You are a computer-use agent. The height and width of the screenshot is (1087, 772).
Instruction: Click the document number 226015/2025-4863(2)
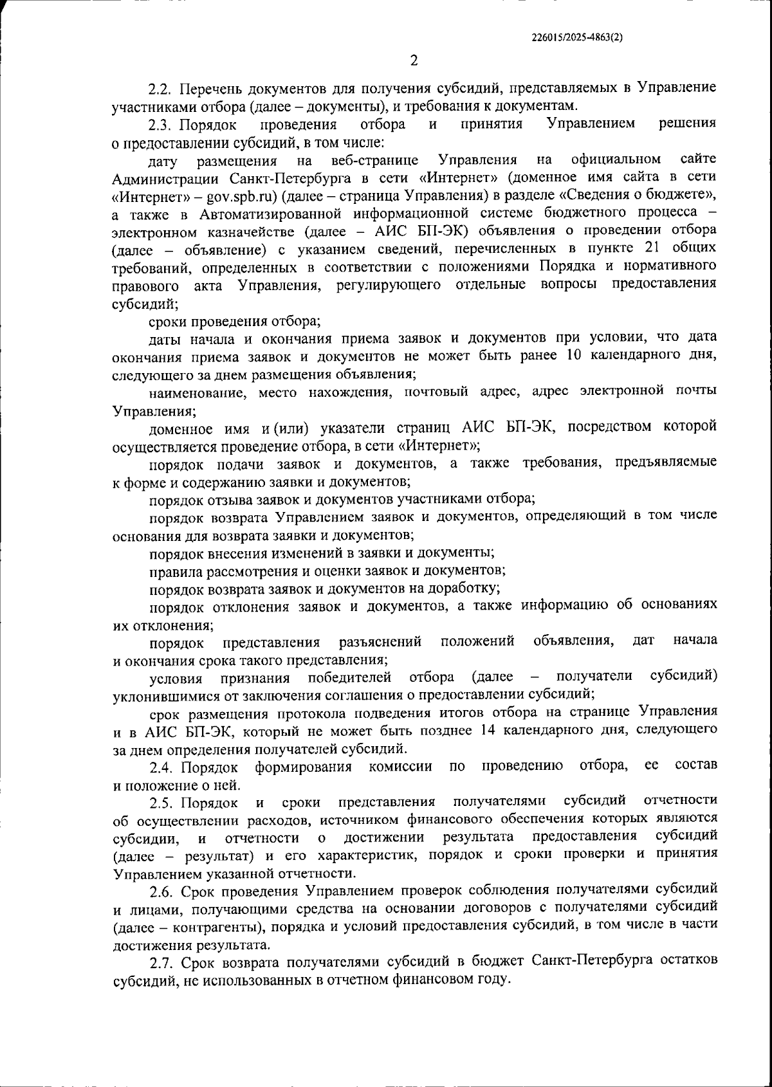pos(577,37)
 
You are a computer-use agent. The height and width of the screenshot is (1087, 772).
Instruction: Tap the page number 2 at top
pos(414,60)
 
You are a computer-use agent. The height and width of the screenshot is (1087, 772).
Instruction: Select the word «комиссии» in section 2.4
pos(406,766)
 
